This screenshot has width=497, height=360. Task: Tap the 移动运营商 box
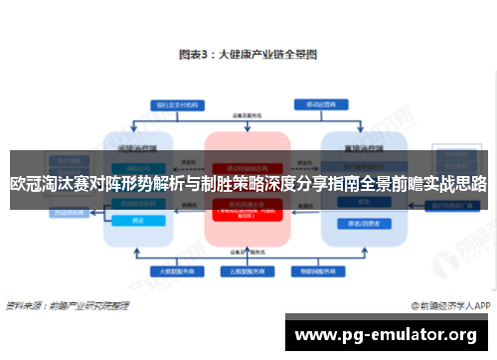point(328,104)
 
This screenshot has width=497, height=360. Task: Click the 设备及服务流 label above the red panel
point(248,120)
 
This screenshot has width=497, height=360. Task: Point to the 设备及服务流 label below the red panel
point(248,253)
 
